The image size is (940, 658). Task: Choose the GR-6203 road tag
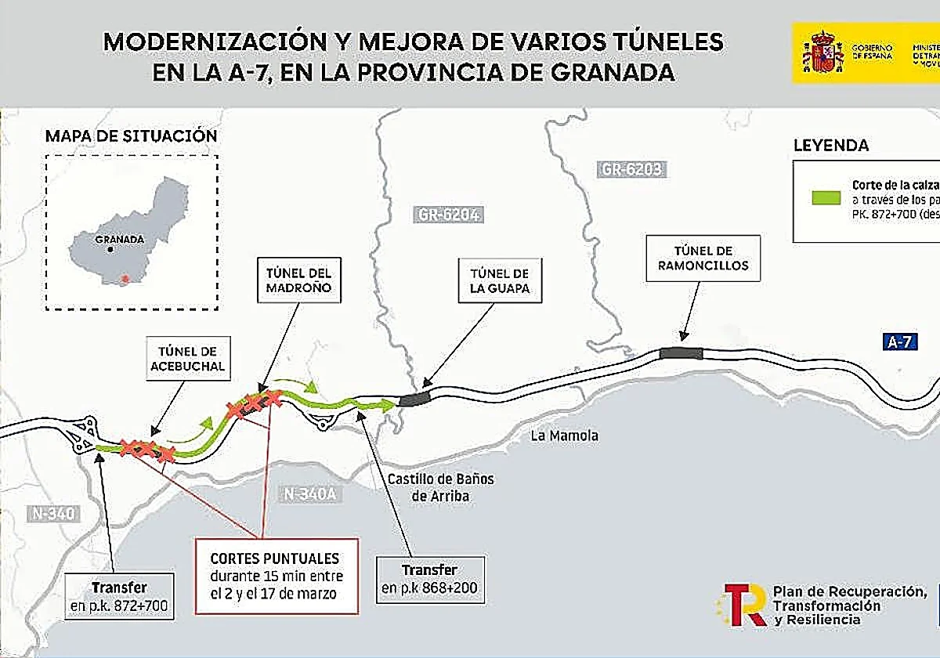click(x=632, y=168)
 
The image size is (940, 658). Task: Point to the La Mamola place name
click(x=564, y=436)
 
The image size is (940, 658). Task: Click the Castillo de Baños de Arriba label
click(x=441, y=486)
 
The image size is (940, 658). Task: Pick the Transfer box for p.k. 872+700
click(x=119, y=596)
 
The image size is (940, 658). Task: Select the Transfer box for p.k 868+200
click(x=429, y=580)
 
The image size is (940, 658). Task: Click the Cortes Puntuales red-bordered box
click(x=276, y=576)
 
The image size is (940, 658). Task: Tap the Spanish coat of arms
click(x=821, y=52)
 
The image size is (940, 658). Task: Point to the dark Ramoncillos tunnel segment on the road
click(x=681, y=353)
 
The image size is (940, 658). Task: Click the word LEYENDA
click(x=830, y=146)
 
